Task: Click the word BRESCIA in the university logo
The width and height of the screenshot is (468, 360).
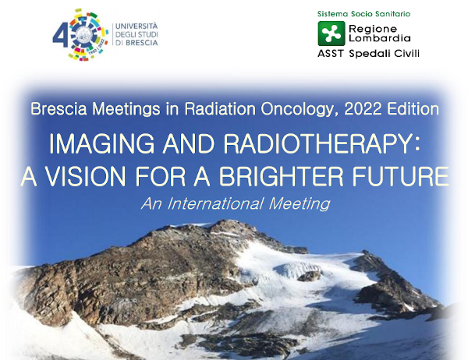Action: pyautogui.click(x=142, y=43)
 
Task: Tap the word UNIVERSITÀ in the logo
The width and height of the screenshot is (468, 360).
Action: pyautogui.click(x=136, y=26)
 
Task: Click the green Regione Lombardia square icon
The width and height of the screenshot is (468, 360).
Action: pyautogui.click(x=331, y=33)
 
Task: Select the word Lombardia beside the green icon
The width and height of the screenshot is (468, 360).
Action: pyautogui.click(x=380, y=38)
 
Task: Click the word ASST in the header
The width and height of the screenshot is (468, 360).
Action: pyautogui.click(x=331, y=54)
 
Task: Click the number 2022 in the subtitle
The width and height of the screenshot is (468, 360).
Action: pyautogui.click(x=363, y=109)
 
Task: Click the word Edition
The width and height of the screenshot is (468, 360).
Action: pyautogui.click(x=413, y=109)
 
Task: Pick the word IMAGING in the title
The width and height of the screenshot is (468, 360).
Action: pyautogui.click(x=101, y=143)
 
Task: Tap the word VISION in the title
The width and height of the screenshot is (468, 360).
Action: pyautogui.click(x=85, y=176)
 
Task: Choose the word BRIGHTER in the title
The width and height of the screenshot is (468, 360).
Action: pyautogui.click(x=281, y=176)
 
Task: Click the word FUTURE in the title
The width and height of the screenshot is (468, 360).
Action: pyautogui.click(x=401, y=176)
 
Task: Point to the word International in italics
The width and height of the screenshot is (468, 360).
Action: pyautogui.click(x=215, y=203)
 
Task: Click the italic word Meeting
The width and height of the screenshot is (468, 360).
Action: pyautogui.click(x=300, y=204)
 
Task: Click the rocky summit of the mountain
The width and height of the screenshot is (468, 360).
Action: pyautogui.click(x=230, y=224)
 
